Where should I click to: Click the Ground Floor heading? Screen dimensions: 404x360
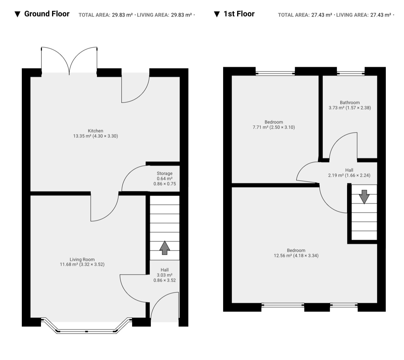pos(47,14)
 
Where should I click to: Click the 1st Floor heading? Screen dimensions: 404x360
pos(239,14)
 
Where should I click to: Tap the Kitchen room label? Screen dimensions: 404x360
pos(96,131)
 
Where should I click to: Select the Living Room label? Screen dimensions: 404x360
pos(82,259)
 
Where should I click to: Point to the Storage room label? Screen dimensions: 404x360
pos(165,173)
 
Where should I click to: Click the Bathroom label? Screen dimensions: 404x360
pos(350,103)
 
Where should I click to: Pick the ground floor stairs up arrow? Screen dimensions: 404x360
pos(165,248)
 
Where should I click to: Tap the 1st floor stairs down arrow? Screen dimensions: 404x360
pos(364,197)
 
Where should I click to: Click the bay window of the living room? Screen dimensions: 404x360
pos(86,326)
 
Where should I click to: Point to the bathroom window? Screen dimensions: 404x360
pos(351,73)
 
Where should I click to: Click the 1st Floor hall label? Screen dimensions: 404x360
pos(349,170)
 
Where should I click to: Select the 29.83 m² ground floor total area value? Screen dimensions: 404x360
pos(122,15)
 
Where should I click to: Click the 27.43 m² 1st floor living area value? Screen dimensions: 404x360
pos(381,15)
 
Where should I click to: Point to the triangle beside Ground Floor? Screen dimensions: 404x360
pos(18,14)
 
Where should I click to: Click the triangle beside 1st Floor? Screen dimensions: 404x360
pos(217,14)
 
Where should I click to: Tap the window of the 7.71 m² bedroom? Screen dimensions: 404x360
pos(275,73)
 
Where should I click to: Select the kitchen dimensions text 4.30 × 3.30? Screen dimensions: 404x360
pos(105,136)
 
